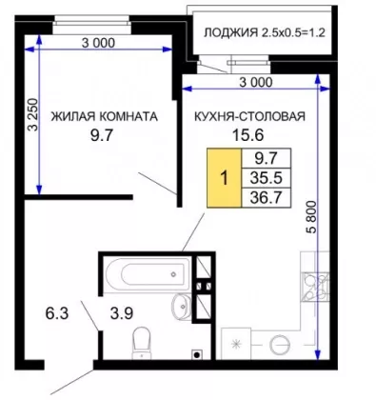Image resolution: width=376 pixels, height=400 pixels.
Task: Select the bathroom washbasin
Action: click(x=181, y=307)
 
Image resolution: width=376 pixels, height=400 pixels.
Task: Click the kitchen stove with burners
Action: click(x=316, y=287)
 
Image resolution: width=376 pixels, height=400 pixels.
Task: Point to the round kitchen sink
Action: click(x=280, y=345)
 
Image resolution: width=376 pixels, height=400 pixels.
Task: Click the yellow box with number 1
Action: click(x=225, y=178)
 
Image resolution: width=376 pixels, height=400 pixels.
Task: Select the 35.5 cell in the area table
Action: click(x=266, y=178)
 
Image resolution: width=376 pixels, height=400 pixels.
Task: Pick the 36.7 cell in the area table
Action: click(x=266, y=198)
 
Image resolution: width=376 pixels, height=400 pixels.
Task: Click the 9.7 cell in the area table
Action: click(x=266, y=158)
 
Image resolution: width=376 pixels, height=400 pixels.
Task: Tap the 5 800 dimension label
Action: click(x=312, y=217)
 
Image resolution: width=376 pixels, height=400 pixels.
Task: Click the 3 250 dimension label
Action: click(x=33, y=115)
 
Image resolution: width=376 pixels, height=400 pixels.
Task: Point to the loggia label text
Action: click(x=265, y=32)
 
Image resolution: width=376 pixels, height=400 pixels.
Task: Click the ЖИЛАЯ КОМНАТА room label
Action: click(x=105, y=116)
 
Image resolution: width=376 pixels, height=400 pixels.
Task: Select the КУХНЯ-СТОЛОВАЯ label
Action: click(x=249, y=116)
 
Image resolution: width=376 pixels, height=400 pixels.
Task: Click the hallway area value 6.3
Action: click(x=57, y=313)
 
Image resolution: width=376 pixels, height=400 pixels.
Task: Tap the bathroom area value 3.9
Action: click(x=122, y=313)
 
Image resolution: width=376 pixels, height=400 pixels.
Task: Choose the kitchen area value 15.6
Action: click(x=248, y=135)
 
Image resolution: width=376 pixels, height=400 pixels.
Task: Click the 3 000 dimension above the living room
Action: click(x=98, y=43)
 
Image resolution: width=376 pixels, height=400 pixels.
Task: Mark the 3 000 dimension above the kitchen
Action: click(x=256, y=82)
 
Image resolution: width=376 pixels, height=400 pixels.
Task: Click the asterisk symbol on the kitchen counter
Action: click(x=236, y=345)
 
